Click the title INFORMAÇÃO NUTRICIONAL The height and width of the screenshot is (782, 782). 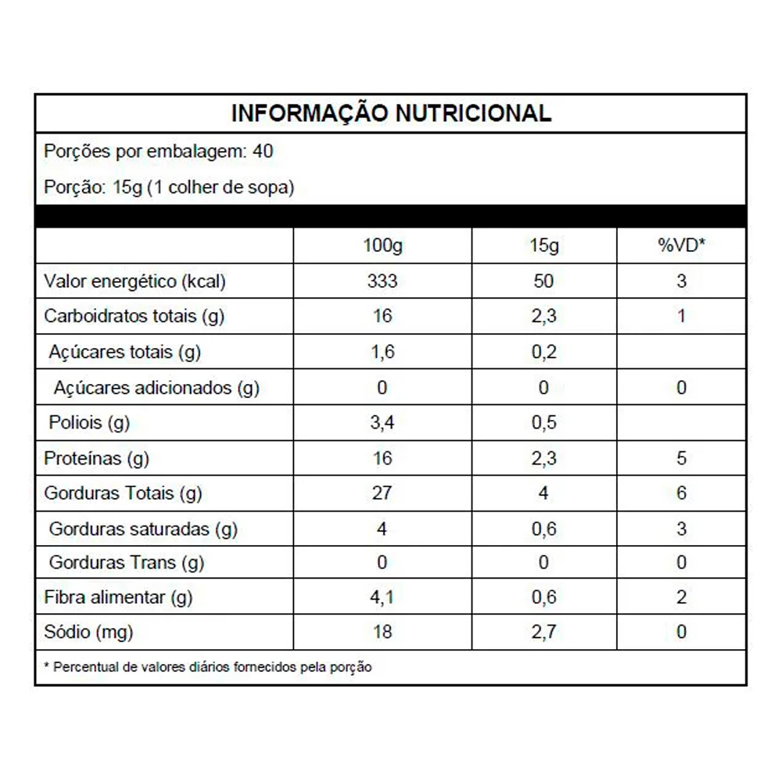391,113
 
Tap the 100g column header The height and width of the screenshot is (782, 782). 382,246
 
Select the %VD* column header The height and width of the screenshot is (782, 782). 681,246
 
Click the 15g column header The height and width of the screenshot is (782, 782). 543,246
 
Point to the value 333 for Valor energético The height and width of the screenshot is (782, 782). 382,282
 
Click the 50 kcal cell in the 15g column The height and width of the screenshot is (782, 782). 543,282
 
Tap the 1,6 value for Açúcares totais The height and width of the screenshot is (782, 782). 382,352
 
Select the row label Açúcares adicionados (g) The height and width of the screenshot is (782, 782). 156,388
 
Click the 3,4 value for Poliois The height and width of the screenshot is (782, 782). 382,423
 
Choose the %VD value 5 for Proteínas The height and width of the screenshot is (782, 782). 681,458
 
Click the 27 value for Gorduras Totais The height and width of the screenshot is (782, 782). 382,493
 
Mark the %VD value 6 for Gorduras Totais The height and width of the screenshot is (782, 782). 681,493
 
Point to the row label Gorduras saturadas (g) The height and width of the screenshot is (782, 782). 143,529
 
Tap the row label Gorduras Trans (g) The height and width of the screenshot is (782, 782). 127,562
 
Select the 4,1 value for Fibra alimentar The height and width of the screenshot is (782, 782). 382,598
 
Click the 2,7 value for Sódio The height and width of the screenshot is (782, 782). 543,632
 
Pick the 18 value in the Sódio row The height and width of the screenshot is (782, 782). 382,632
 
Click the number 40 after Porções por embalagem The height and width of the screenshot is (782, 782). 264,151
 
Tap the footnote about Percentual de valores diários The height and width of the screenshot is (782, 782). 208,668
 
